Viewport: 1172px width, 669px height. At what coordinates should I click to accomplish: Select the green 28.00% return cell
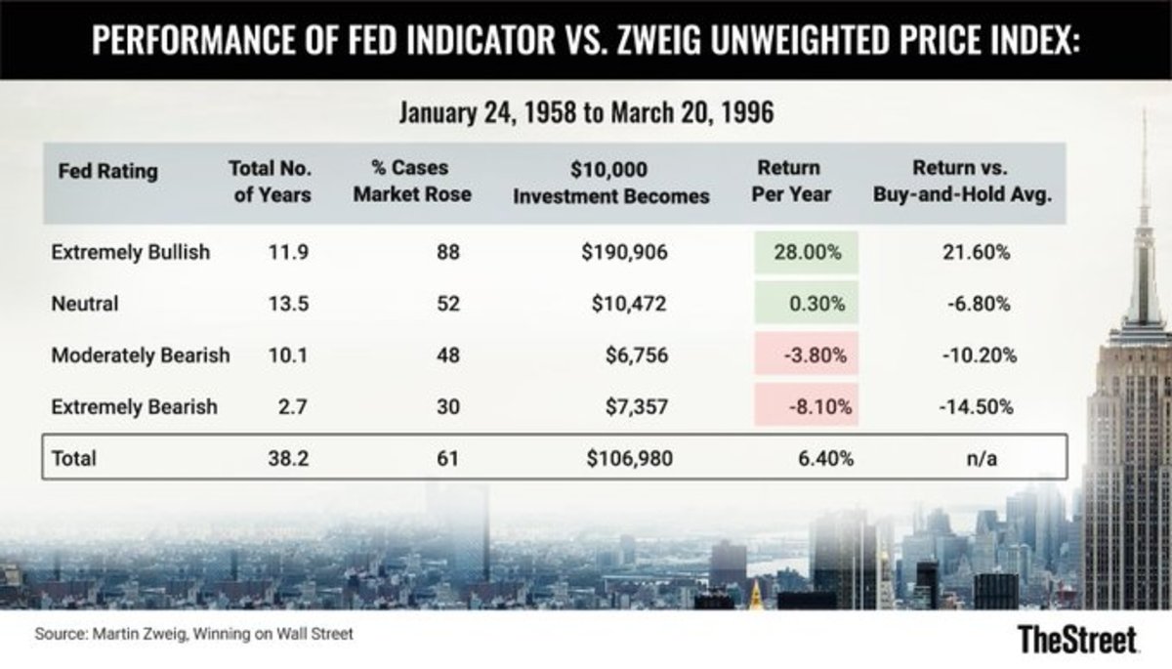tap(807, 253)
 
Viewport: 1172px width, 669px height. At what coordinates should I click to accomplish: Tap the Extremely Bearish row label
tap(134, 406)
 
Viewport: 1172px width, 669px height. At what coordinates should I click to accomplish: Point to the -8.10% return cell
tap(807, 406)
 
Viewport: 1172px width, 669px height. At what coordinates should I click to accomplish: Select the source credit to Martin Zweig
tap(193, 634)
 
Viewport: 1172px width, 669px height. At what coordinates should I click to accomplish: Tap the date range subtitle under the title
tap(586, 112)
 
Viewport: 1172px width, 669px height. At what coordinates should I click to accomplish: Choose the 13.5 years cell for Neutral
tap(289, 304)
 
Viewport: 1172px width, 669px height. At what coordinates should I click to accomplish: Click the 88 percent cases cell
tap(448, 253)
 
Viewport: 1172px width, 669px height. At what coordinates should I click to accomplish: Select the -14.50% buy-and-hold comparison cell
tap(977, 406)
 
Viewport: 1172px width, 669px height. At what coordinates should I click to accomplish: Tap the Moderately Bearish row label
tap(140, 355)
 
